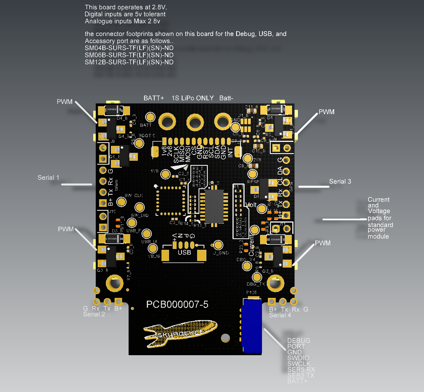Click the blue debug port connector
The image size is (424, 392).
point(252,326)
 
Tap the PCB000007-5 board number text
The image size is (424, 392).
point(177,304)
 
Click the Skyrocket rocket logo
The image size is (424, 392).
point(180,333)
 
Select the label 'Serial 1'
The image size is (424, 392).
point(48,178)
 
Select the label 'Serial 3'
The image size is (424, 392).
point(340,182)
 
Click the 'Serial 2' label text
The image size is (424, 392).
point(94,314)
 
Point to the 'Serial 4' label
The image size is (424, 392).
point(280,315)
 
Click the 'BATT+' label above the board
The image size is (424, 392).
point(154,98)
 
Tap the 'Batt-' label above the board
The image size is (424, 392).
point(226,98)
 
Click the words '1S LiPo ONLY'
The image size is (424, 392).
point(193,98)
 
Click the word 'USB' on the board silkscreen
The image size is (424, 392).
point(184,252)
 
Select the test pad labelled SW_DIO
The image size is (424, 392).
point(140,208)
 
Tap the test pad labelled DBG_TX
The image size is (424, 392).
point(257,277)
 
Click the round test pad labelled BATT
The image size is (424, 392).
point(150,117)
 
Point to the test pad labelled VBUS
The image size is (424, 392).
point(153,248)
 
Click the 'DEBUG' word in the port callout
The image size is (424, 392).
point(298,341)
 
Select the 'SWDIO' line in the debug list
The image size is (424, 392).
point(298,358)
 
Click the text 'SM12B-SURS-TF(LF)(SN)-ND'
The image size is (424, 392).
point(129,62)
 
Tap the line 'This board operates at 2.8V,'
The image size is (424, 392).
point(126,7)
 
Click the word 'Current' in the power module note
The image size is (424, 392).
point(379,200)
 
